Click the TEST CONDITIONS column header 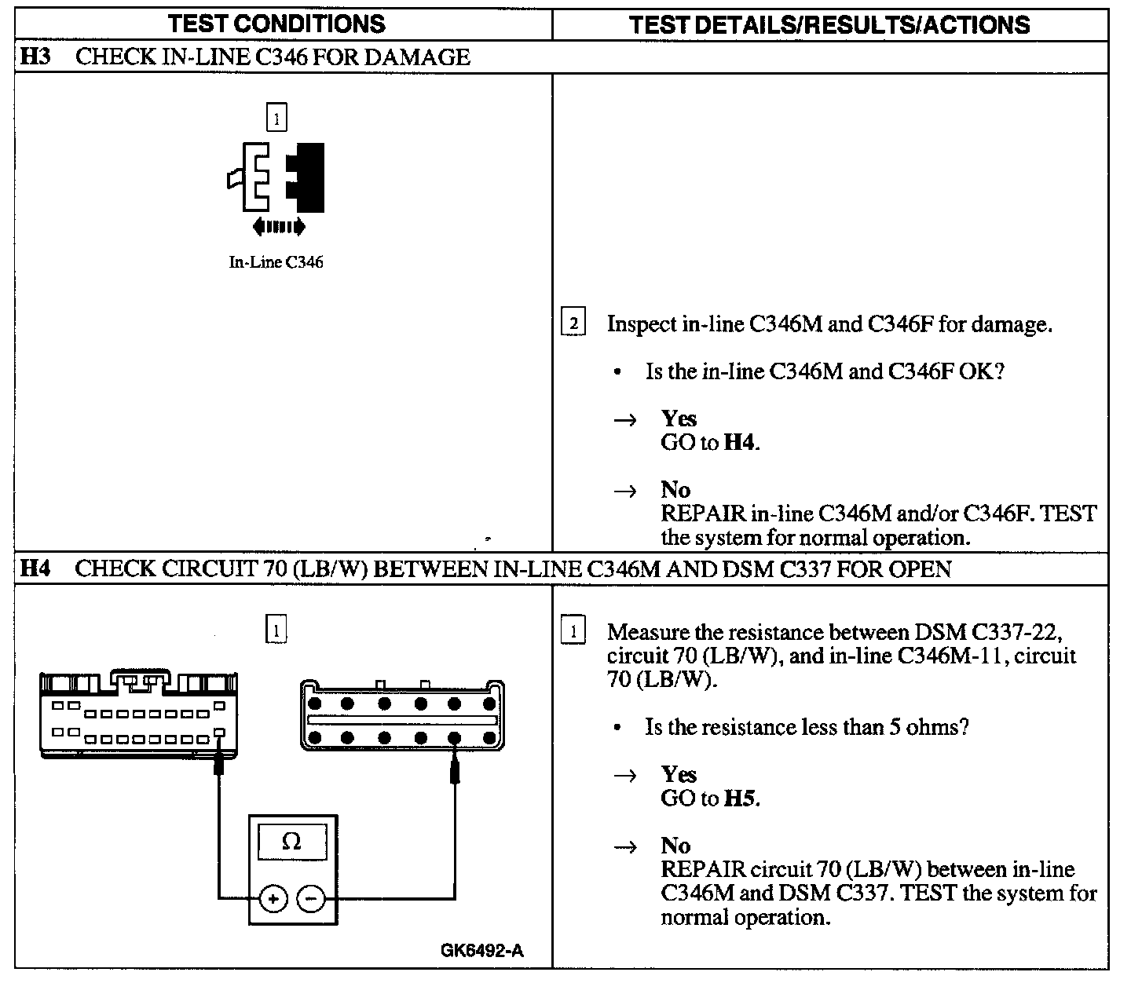pos(276,23)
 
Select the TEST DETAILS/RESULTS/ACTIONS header pos(829,24)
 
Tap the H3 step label pos(32,57)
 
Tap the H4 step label pos(33,568)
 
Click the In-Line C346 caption pos(276,262)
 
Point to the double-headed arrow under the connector pos(278,227)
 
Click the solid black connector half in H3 pos(307,177)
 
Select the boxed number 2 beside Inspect pos(573,323)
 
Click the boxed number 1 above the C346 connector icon pos(276,119)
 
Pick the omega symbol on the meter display pos(291,842)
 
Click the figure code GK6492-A pos(482,951)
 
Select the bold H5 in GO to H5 pos(741,798)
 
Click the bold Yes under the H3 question pos(679,418)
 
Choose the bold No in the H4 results pos(675,846)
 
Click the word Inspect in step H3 pos(642,323)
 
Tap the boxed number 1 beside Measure pos(573,632)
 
